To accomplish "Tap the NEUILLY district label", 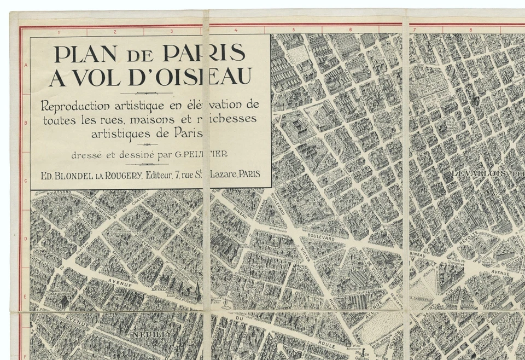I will coord(151,333).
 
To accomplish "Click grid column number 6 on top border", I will coord(350,31).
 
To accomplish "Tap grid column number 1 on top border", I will coord(59,31).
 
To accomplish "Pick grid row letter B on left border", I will coord(25,123).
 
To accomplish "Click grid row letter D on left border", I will coord(25,239).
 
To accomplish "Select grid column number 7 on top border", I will coord(414,31).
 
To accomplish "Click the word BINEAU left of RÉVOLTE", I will coord(418,254).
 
